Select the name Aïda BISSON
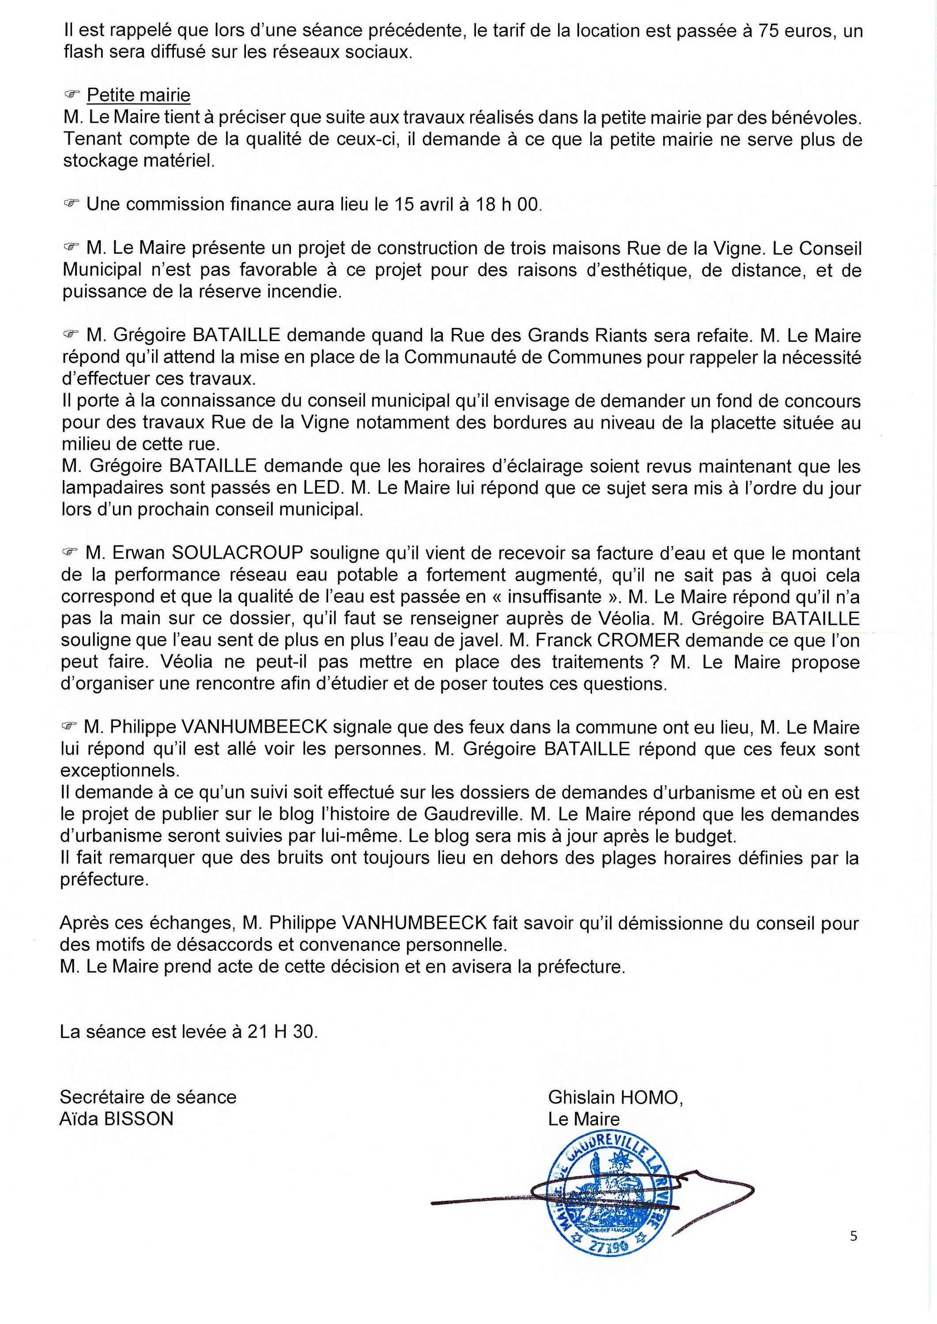(117, 1119)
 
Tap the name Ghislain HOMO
(615, 1097)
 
